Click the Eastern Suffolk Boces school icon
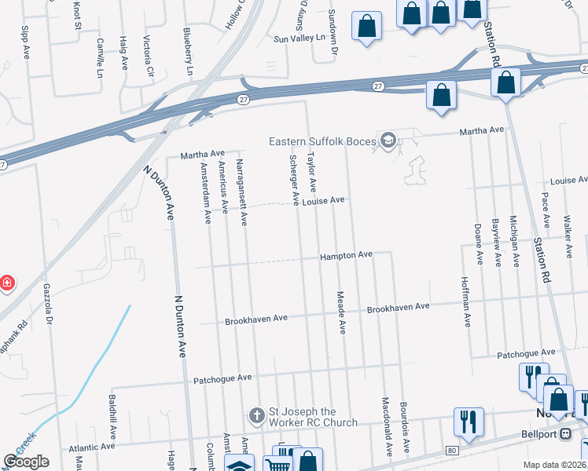(387, 141)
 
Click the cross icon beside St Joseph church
(255, 414)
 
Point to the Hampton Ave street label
(345, 256)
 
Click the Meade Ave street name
(341, 312)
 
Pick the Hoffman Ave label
(466, 305)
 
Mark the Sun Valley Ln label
(299, 38)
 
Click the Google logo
(25, 462)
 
